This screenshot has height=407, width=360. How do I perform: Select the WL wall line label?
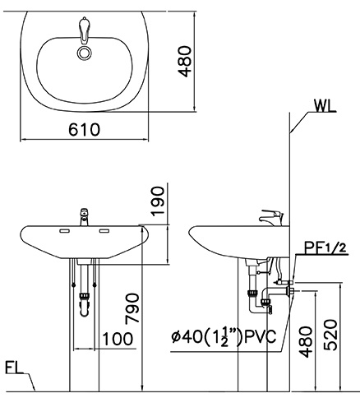click(325, 104)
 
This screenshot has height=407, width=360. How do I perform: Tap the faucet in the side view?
click(269, 217)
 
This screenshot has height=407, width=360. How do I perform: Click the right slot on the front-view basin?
click(104, 232)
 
